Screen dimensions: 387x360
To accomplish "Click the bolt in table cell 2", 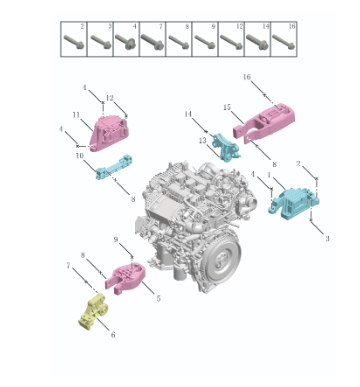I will click(x=74, y=42).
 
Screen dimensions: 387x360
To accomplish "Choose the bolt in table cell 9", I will click(x=205, y=42).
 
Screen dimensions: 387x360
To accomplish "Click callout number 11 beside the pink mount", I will click(x=76, y=115).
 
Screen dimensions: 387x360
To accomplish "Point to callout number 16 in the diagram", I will click(x=246, y=76).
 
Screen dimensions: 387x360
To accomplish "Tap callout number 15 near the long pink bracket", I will click(x=227, y=106).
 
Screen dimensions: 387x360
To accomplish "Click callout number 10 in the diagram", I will click(x=77, y=156).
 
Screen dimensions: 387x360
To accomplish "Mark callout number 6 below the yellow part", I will click(x=112, y=334).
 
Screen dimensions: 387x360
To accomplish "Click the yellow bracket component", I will click(x=92, y=311).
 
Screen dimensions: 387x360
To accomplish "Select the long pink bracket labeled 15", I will click(x=268, y=116).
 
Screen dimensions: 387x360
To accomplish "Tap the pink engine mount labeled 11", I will click(x=109, y=132).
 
